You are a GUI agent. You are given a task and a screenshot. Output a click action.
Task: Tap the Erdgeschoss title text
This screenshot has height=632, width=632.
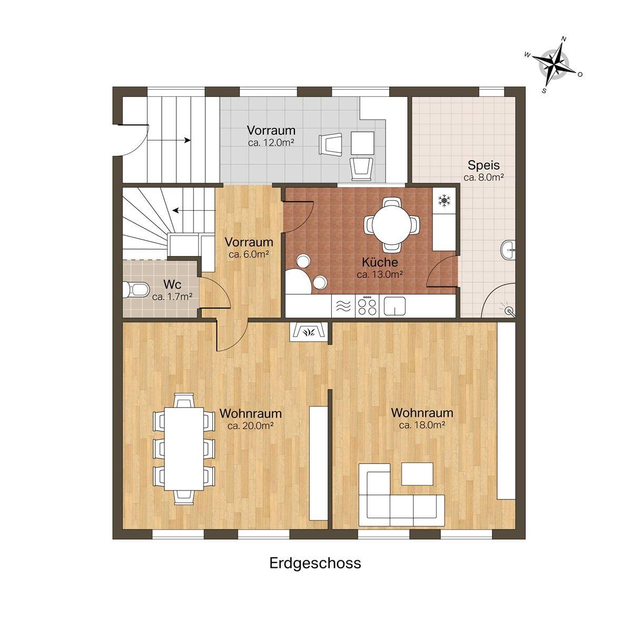pos(315,564)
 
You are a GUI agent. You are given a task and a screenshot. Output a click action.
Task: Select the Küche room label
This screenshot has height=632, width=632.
pos(380,262)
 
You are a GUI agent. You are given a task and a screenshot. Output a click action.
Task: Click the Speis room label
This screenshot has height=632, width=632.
pos(483,165)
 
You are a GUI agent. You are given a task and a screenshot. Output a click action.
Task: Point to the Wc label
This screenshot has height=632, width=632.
pos(172,284)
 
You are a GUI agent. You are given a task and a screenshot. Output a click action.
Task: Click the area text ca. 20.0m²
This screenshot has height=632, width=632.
pos(251,426)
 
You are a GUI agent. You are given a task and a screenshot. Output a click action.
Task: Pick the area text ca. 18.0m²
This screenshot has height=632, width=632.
pos(422,426)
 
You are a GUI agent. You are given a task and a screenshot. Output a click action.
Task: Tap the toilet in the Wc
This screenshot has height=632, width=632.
pos(136,289)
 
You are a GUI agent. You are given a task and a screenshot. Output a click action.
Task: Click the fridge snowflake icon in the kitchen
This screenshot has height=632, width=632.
pos(444,200)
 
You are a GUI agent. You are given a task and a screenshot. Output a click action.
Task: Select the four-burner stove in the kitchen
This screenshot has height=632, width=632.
pos(367,306)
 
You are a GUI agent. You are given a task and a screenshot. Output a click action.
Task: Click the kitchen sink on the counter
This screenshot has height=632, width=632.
pos(394,305)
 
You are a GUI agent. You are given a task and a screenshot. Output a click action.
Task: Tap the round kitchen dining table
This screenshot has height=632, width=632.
pos(392,225)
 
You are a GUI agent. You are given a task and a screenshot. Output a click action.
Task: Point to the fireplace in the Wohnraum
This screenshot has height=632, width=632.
pos(309,332)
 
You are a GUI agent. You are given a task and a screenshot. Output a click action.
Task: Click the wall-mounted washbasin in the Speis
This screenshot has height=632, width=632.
pos(508,250)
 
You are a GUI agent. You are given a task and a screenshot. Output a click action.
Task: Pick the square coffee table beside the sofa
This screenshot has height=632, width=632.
pos(417,474)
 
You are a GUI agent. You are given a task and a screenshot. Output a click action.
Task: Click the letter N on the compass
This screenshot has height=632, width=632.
pos(564,39)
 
